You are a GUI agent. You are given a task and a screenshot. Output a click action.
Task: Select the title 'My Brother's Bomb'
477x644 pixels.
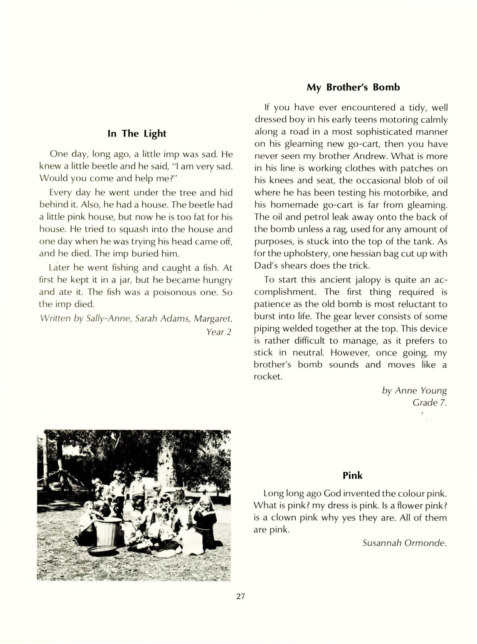pos(353,87)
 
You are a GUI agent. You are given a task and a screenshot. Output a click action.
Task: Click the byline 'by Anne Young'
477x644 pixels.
pos(414,390)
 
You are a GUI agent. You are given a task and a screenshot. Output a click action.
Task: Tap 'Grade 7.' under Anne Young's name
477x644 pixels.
pos(429,403)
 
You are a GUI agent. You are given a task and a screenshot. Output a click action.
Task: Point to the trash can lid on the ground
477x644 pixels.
pos(102,550)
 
